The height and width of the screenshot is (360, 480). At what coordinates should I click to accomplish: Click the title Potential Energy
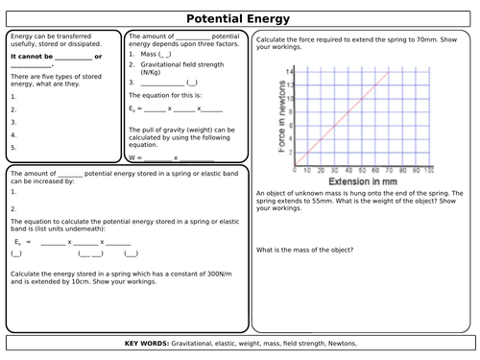point(240,17)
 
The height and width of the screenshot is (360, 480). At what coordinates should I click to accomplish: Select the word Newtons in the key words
point(341,343)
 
